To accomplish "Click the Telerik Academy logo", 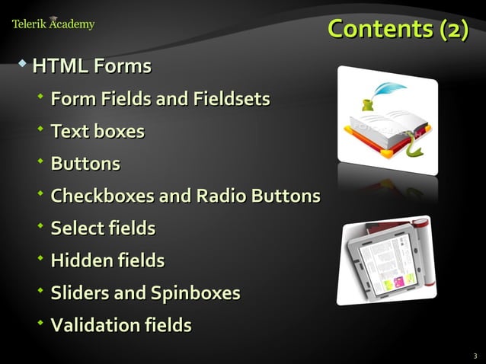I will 53,24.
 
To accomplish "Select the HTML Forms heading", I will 91,67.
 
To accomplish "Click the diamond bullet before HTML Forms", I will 23,62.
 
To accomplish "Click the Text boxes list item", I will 97,132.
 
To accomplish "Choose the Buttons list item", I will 85,164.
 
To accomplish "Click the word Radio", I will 217,196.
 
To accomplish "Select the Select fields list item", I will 103,228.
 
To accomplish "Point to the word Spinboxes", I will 195,293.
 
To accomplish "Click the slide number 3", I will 475,356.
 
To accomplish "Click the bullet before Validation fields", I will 40,323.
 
